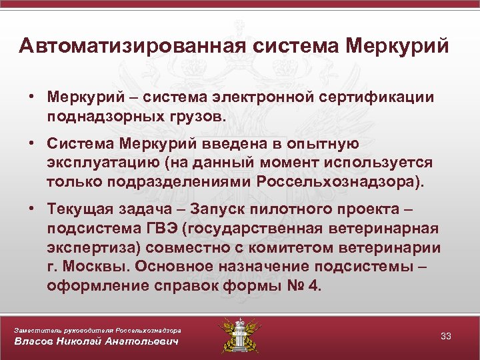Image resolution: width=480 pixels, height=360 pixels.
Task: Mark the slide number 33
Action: pos(446,336)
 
